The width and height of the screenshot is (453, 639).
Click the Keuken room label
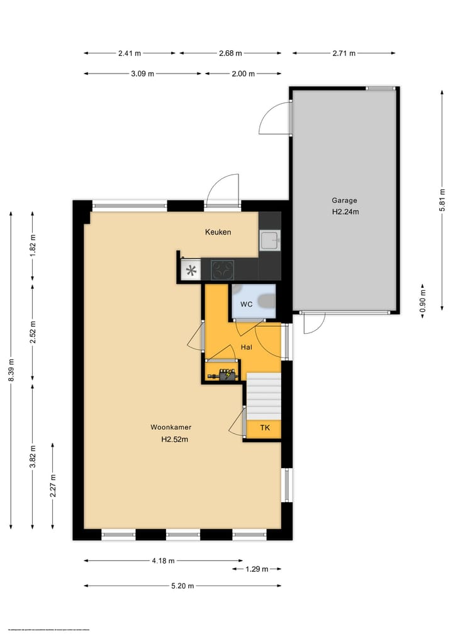[218, 232]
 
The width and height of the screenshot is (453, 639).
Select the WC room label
[247, 304]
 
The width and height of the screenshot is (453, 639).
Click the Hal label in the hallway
[247, 347]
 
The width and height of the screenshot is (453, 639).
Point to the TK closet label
[265, 428]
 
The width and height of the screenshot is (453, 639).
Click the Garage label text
[344, 200]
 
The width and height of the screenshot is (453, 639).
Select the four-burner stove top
[222, 270]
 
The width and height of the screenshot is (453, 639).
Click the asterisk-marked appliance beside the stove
[190, 271]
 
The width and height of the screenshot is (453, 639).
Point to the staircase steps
[263, 396]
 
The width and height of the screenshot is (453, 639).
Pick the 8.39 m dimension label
[11, 371]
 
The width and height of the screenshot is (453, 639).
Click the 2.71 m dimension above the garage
[344, 53]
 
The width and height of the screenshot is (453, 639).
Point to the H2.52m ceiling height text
[174, 439]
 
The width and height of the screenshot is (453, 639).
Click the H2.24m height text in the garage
[345, 212]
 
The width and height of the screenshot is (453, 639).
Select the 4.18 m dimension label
[162, 560]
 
